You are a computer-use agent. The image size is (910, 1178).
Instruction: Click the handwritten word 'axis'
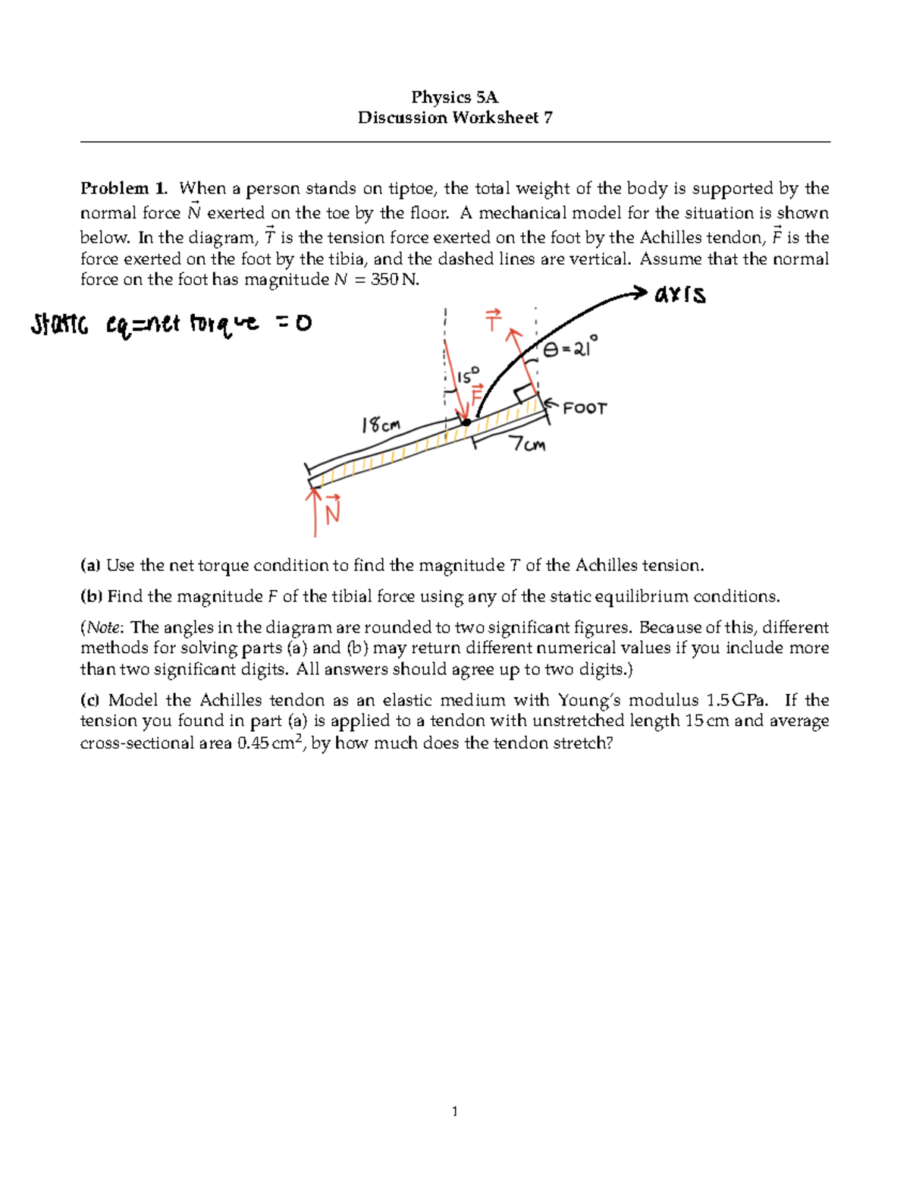coord(680,294)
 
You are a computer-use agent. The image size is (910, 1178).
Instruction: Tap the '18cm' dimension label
coord(381,425)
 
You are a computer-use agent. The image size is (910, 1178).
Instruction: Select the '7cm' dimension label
coord(528,444)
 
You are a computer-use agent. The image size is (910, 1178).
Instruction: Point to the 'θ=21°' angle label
coord(570,349)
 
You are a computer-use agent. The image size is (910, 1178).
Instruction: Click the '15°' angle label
coord(468,375)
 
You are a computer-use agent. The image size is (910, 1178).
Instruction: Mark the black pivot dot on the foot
coord(466,423)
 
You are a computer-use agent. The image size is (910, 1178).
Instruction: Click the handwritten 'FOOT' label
coord(585,408)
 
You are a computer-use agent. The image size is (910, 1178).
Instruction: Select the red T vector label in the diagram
coord(494,321)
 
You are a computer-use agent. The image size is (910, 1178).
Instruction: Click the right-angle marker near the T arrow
coord(525,394)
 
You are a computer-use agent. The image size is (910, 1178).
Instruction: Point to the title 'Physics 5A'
coord(454,97)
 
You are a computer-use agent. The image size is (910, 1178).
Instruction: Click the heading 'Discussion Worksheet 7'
coord(455,118)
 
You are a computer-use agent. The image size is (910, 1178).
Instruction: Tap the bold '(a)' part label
coord(90,565)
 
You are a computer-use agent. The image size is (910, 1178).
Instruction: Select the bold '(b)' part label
coord(91,596)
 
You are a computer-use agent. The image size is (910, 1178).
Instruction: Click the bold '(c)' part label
coord(90,700)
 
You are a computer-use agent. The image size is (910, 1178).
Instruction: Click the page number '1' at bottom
coord(454,1112)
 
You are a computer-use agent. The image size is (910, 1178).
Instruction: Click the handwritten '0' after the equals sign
coord(302,325)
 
